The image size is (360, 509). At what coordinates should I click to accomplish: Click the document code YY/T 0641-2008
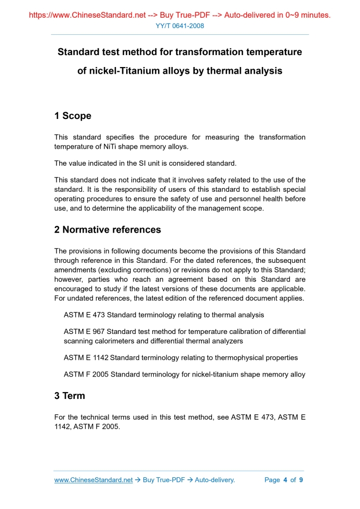click(180, 26)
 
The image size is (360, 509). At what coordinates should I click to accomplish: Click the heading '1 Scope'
click(73, 116)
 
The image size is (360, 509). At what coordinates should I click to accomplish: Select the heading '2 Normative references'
click(108, 230)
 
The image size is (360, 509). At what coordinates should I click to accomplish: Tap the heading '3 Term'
click(70, 396)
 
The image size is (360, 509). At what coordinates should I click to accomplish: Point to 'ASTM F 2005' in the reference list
click(86, 374)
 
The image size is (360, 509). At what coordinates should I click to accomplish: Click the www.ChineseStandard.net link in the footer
click(94, 480)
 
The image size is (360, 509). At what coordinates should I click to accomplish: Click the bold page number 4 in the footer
click(285, 480)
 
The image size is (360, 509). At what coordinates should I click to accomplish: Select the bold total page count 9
click(301, 480)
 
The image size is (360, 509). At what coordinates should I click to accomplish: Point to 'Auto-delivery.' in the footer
click(215, 480)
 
